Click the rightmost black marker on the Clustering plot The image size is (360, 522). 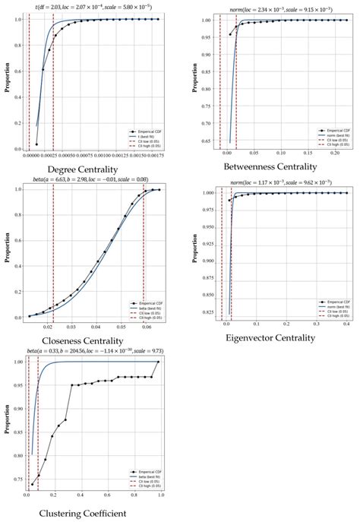pos(159,362)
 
